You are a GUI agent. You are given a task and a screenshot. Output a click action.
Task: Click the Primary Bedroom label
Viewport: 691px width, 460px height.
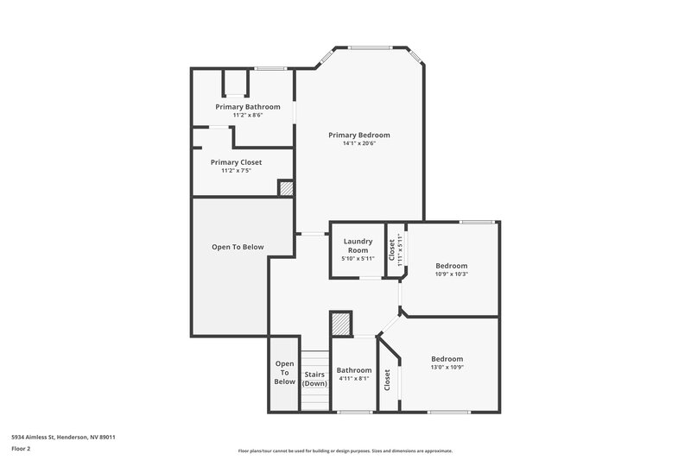[x=358, y=135]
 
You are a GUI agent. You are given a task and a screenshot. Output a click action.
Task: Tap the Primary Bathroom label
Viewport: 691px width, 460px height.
[x=242, y=106]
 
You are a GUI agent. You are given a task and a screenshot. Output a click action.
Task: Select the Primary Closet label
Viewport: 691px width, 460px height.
[x=236, y=161]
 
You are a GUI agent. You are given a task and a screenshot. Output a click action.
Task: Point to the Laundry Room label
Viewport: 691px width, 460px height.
[x=358, y=245]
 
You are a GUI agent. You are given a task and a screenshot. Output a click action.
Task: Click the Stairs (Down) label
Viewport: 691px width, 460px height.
[x=314, y=379]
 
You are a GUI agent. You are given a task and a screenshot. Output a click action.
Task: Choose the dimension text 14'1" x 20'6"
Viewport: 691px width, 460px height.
[x=358, y=143]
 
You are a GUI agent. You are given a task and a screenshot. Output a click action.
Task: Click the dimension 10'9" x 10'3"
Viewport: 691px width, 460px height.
[x=451, y=274]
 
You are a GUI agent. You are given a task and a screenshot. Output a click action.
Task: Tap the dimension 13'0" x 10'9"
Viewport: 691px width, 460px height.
[x=447, y=368]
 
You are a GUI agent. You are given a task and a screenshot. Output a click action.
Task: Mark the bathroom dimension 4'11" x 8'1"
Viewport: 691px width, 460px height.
[x=354, y=378]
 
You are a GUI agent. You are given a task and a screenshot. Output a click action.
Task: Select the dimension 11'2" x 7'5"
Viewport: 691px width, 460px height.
[x=236, y=171]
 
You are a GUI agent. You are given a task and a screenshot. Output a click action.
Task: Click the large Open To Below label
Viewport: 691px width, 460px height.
[x=238, y=247]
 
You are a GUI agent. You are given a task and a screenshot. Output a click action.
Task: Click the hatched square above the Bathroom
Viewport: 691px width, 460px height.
[x=341, y=324]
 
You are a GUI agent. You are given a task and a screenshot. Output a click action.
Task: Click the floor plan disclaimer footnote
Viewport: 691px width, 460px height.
[x=345, y=451]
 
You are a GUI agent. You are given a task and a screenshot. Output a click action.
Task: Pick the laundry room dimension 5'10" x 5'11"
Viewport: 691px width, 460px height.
[x=358, y=259]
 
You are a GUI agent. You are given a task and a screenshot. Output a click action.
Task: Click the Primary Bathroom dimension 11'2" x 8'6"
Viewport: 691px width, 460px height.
[x=242, y=115]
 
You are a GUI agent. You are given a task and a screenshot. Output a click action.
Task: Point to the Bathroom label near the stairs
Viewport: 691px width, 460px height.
[x=354, y=369]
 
